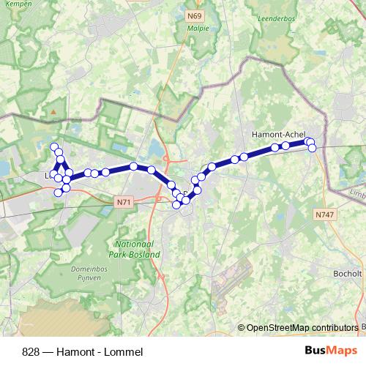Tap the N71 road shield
pos(124,198)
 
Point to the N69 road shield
pos(194,15)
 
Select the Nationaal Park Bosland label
pos(137,249)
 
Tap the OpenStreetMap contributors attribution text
pos(302,328)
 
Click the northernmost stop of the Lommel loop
pos(54,146)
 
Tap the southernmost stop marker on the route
pos(176,204)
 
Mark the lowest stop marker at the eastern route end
pos(312,149)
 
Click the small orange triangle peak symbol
pos(52,112)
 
